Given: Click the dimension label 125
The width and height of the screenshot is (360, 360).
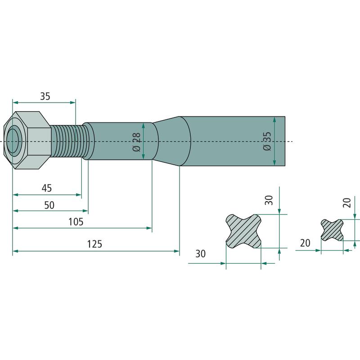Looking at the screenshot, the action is coord(94,244).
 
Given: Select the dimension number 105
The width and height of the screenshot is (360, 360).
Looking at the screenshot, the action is coord(76,222).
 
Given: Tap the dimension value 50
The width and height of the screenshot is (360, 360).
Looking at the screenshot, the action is coord(49,205).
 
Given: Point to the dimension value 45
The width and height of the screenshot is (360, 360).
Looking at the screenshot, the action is coord(47,188).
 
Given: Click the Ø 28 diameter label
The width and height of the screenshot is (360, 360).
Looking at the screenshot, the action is coord(137,142).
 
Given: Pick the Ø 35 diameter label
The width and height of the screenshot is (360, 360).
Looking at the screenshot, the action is coord(267,141).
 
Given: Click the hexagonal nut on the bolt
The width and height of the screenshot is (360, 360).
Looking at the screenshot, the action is coord(27,140).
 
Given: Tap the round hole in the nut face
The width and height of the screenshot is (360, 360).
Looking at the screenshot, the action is coord(13,140).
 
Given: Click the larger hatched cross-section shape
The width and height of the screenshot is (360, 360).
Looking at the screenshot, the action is coord(243,231).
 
